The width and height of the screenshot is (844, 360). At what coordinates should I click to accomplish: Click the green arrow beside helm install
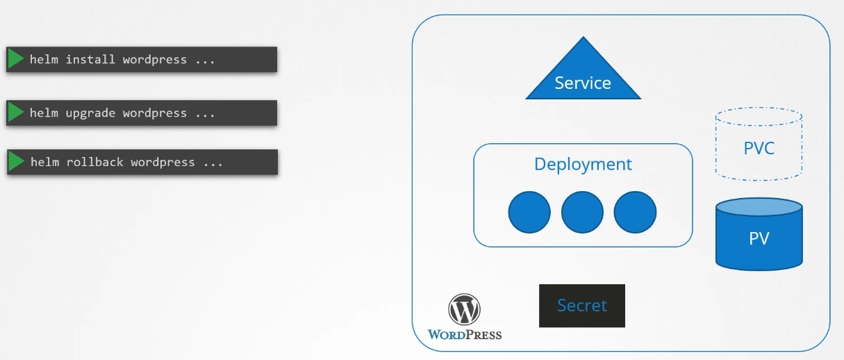pos(15,59)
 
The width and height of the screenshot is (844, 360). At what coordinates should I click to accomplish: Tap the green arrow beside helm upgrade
pos(15,113)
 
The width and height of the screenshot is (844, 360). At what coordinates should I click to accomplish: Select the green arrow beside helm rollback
pos(16,162)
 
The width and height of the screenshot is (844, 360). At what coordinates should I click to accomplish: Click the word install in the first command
pos(90,60)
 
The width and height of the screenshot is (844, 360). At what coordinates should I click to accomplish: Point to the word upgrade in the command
pos(90,113)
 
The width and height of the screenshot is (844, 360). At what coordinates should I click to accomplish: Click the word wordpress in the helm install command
pos(154,60)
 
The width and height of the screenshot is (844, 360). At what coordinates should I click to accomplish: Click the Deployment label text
pos(583,164)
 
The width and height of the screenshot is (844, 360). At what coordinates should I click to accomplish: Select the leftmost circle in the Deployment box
pos(529,212)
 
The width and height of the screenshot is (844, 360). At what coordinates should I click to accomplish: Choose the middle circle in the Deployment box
pos(582,212)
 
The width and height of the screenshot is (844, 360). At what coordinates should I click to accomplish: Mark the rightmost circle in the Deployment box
pos(635,212)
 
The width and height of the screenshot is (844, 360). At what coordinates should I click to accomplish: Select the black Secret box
pos(582,306)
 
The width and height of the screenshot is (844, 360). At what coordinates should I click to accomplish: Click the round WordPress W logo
pos(464,309)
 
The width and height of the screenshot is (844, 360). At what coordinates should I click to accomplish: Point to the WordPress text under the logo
pos(464,335)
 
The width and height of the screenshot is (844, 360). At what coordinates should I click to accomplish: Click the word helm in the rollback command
pos(44,163)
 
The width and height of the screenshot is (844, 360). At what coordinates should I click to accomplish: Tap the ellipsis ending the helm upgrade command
pos(205,113)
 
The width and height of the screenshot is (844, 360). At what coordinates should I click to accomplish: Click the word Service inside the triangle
pos(583,83)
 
